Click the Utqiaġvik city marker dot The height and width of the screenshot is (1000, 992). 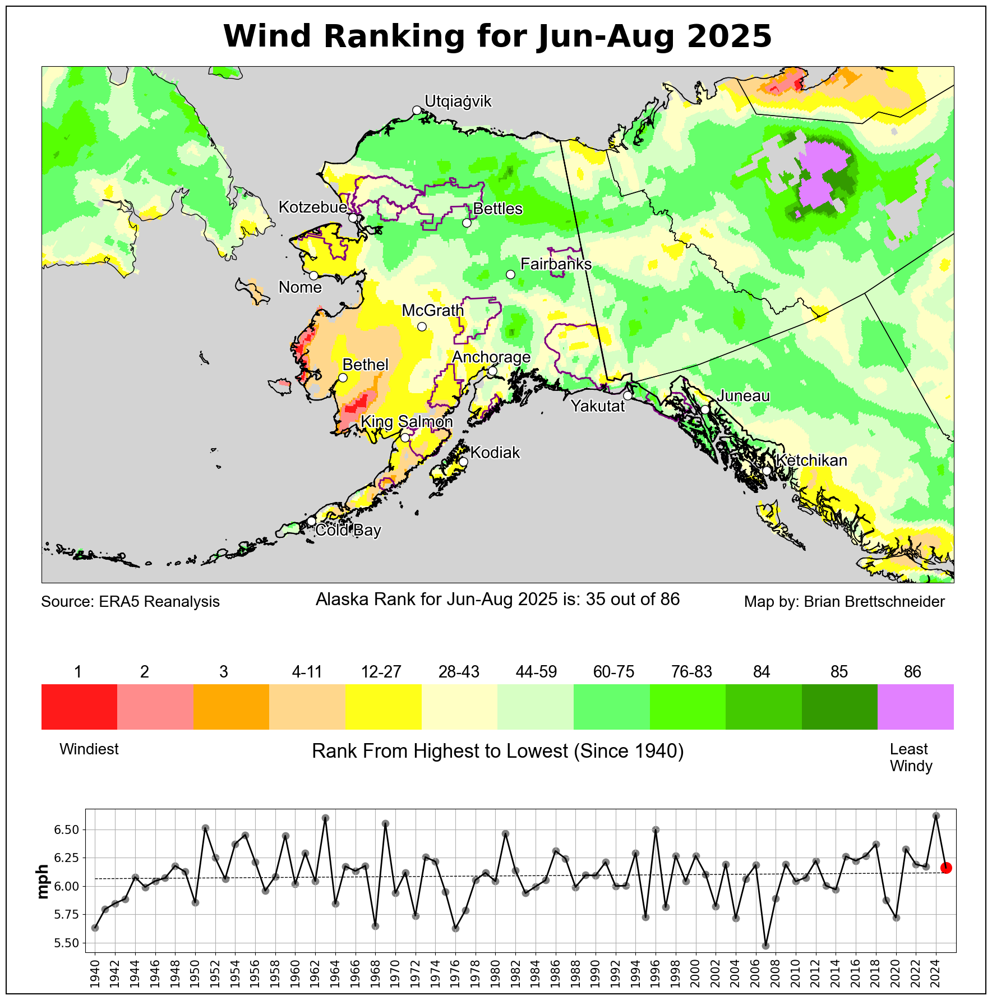point(417,110)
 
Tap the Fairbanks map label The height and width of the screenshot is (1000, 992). point(556,264)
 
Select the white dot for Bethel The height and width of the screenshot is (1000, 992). point(343,378)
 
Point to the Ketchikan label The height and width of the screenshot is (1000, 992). point(811,460)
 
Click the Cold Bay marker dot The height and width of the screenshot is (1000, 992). point(312,521)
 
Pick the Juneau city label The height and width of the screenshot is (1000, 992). point(743,396)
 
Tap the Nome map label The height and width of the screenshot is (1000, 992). point(300,287)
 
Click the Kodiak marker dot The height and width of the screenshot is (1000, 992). point(463,462)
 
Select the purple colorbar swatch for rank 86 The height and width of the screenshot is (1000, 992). point(915,707)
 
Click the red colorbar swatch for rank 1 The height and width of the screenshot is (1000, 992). point(79,707)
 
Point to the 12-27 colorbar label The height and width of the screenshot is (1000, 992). point(381,672)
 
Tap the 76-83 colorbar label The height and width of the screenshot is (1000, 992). point(691,672)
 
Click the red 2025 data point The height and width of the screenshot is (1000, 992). point(946,868)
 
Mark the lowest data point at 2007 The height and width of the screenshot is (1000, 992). point(766,946)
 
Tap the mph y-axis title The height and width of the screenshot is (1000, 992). point(43,882)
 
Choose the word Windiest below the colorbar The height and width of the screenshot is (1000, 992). point(89,749)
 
